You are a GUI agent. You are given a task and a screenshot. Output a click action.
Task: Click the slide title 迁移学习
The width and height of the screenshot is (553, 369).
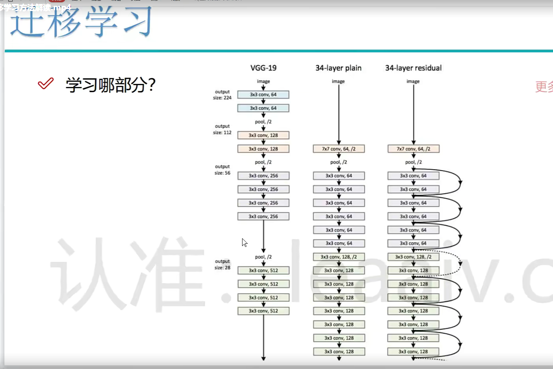pos(81,23)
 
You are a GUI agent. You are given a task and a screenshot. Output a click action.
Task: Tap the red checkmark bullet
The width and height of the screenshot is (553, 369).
pos(45,83)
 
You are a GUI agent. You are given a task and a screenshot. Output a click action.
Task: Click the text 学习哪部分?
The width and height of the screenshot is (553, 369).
pos(111,85)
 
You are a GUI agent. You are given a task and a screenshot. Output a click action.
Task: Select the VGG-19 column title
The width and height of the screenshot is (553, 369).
pos(263,68)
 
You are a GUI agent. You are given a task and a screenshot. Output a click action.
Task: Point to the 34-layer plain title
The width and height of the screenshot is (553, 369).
pos(338,68)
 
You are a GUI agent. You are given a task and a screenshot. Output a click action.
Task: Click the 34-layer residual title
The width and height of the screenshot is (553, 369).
pos(413,68)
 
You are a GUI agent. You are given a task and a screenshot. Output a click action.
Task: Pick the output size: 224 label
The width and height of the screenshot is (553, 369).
pos(222,95)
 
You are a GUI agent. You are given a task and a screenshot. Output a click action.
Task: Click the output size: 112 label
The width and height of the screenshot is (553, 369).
pos(222,129)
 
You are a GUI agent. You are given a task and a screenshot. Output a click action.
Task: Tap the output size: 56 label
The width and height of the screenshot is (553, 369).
pos(222,170)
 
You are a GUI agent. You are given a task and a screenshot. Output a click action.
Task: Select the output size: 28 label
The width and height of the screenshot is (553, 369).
pos(222,264)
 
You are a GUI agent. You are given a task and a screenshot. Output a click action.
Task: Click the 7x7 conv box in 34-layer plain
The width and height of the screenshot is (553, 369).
pos(338,149)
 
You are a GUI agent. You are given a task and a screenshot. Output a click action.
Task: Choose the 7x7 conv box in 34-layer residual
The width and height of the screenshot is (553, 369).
pos(413,149)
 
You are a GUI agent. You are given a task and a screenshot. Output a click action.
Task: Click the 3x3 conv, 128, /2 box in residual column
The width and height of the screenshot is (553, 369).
pos(413,257)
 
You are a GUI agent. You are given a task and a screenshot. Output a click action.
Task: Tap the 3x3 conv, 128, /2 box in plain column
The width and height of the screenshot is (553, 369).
pos(338,257)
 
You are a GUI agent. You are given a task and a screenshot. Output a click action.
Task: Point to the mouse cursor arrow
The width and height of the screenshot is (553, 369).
pos(244,242)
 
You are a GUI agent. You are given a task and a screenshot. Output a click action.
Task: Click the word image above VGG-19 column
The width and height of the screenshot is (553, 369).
pos(263,82)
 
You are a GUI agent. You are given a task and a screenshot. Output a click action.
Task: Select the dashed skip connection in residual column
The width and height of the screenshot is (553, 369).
pos(459,262)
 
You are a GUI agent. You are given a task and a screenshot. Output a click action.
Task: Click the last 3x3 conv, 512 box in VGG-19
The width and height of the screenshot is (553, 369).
pos(263,311)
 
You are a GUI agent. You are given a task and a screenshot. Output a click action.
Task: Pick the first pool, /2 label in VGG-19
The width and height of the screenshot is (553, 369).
pos(263,122)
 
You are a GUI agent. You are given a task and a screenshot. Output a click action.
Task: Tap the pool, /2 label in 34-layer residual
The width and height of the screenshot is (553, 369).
pos(413,162)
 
